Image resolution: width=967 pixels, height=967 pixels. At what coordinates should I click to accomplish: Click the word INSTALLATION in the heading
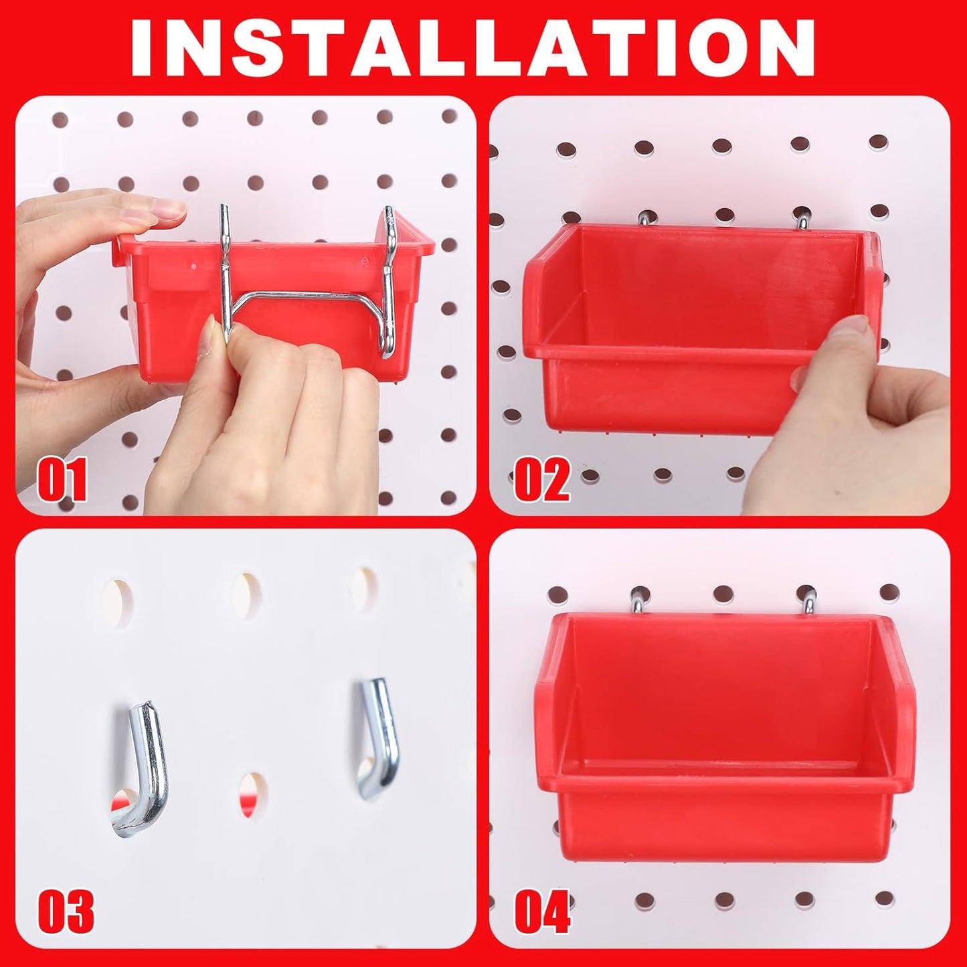click(472, 48)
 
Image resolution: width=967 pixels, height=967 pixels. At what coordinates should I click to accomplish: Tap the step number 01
click(62, 480)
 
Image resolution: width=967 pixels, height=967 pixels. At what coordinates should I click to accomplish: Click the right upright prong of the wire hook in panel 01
click(389, 281)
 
